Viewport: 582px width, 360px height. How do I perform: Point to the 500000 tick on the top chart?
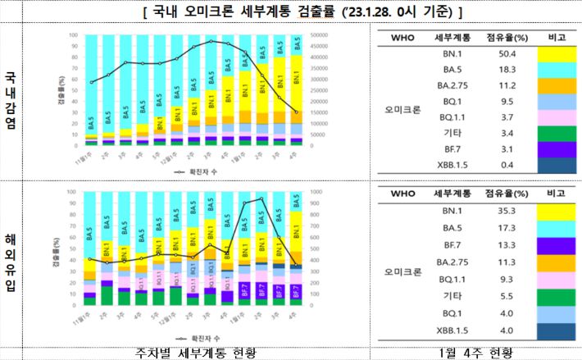coord(322,36)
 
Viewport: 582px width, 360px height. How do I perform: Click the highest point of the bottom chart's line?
coord(261,198)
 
